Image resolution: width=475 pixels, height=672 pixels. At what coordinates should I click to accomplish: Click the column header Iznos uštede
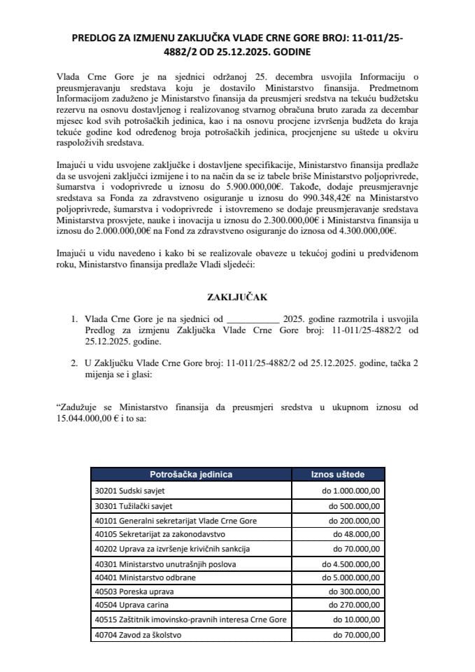pyautogui.click(x=337, y=474)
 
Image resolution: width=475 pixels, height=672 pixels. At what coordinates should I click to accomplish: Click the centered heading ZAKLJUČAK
pyautogui.click(x=237, y=297)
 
